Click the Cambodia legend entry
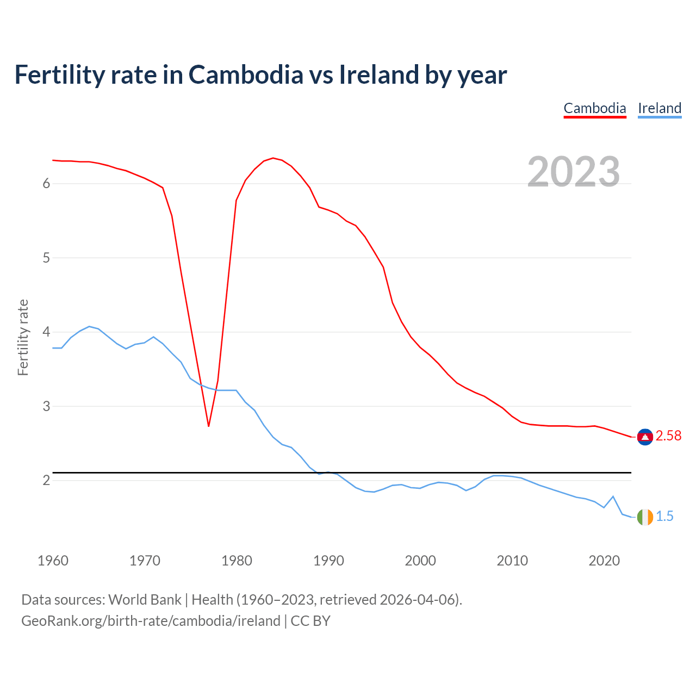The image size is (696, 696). (595, 108)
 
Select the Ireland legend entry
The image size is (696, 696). (660, 108)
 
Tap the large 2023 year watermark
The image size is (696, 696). (574, 172)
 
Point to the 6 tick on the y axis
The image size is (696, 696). (46, 184)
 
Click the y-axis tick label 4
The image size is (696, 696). (46, 332)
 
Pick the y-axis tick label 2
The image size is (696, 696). (46, 481)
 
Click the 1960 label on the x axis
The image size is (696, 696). (53, 561)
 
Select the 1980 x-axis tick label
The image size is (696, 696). (237, 561)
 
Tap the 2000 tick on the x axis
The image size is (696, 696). (420, 561)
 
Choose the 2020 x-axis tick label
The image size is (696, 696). (604, 561)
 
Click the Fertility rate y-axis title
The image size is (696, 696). (23, 337)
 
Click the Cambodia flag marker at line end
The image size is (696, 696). (645, 437)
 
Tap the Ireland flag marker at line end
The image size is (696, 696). (645, 517)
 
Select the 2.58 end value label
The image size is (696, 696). (668, 436)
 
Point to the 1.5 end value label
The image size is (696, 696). (664, 517)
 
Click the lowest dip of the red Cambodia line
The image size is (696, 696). (208, 426)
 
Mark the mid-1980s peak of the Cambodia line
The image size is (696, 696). (273, 158)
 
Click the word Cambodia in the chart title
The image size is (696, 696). (246, 75)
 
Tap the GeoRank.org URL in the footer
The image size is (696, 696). (151, 621)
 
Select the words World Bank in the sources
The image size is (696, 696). (145, 600)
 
